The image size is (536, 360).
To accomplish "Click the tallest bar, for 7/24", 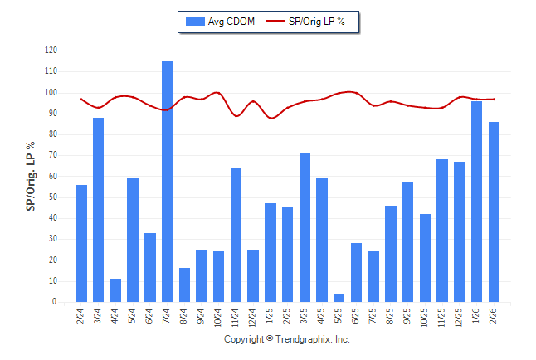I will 167,182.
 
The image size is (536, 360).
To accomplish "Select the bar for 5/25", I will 339,298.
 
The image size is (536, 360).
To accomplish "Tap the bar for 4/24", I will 115,290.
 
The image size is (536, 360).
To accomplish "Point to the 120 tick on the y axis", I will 51,51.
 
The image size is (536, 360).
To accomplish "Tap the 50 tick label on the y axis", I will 53,197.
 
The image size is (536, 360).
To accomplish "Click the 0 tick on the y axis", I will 55,302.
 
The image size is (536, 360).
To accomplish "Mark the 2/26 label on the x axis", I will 495,316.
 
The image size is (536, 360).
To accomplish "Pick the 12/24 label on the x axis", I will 254,318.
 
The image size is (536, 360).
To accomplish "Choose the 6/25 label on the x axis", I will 357,316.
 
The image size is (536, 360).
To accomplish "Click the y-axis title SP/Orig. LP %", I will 31,177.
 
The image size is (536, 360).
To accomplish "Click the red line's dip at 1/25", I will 270,118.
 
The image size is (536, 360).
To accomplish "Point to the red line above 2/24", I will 80,99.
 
